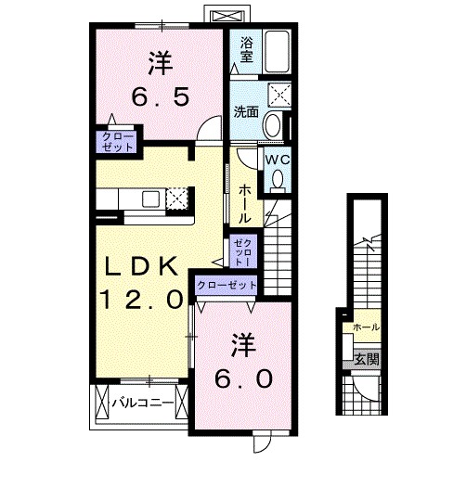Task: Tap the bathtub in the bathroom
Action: pyautogui.click(x=276, y=51)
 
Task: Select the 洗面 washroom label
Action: pyautogui.click(x=246, y=112)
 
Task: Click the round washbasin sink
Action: pyautogui.click(x=275, y=125)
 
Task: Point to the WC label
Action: pyautogui.click(x=278, y=160)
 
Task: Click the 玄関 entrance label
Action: pyautogui.click(x=366, y=359)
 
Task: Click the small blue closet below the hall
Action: pyautogui.click(x=241, y=249)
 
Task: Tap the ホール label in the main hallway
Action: pyautogui.click(x=243, y=203)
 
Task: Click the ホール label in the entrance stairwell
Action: pyautogui.click(x=365, y=327)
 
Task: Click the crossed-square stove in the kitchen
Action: pyautogui.click(x=176, y=198)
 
